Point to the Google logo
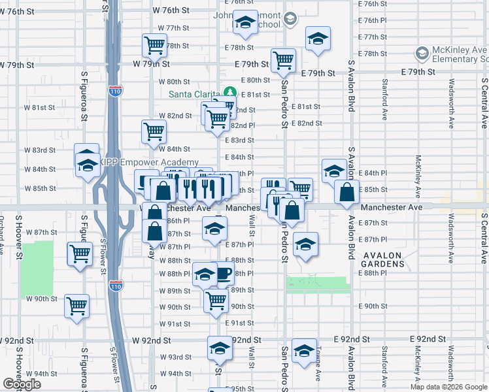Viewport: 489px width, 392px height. tap(22, 384)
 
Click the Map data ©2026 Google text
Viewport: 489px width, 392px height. tap(448, 387)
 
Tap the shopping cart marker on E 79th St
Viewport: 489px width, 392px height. tap(284, 60)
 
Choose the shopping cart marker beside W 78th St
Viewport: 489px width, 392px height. tap(154, 45)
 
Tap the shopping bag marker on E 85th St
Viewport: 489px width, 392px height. tap(346, 192)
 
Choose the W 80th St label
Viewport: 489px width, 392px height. tap(174, 82)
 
